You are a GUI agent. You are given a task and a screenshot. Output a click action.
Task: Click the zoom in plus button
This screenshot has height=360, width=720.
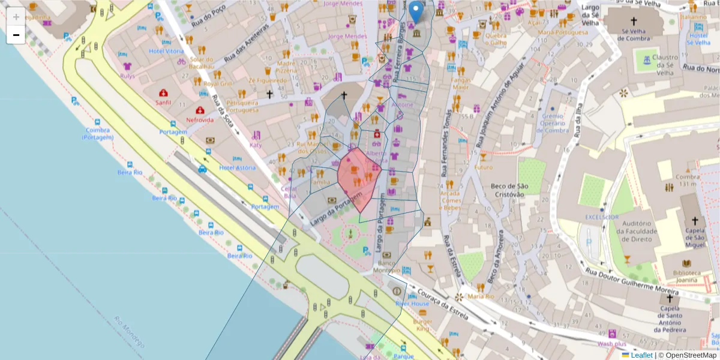click(16, 16)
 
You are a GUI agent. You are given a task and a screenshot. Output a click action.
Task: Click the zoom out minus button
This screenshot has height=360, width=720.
click(16, 35)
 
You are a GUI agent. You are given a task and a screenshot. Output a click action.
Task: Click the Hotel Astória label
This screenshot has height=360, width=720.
click(237, 168)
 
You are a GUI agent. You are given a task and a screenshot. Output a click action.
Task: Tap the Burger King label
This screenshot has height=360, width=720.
click(423, 325)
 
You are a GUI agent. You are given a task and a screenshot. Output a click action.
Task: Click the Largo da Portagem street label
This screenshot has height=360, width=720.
click(337, 209)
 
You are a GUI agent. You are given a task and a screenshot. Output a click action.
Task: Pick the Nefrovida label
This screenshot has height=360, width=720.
click(200, 120)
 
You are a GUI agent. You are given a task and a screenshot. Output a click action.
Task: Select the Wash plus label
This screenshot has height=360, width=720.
click(611, 344)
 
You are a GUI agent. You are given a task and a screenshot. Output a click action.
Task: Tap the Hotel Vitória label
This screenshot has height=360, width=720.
click(166, 51)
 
